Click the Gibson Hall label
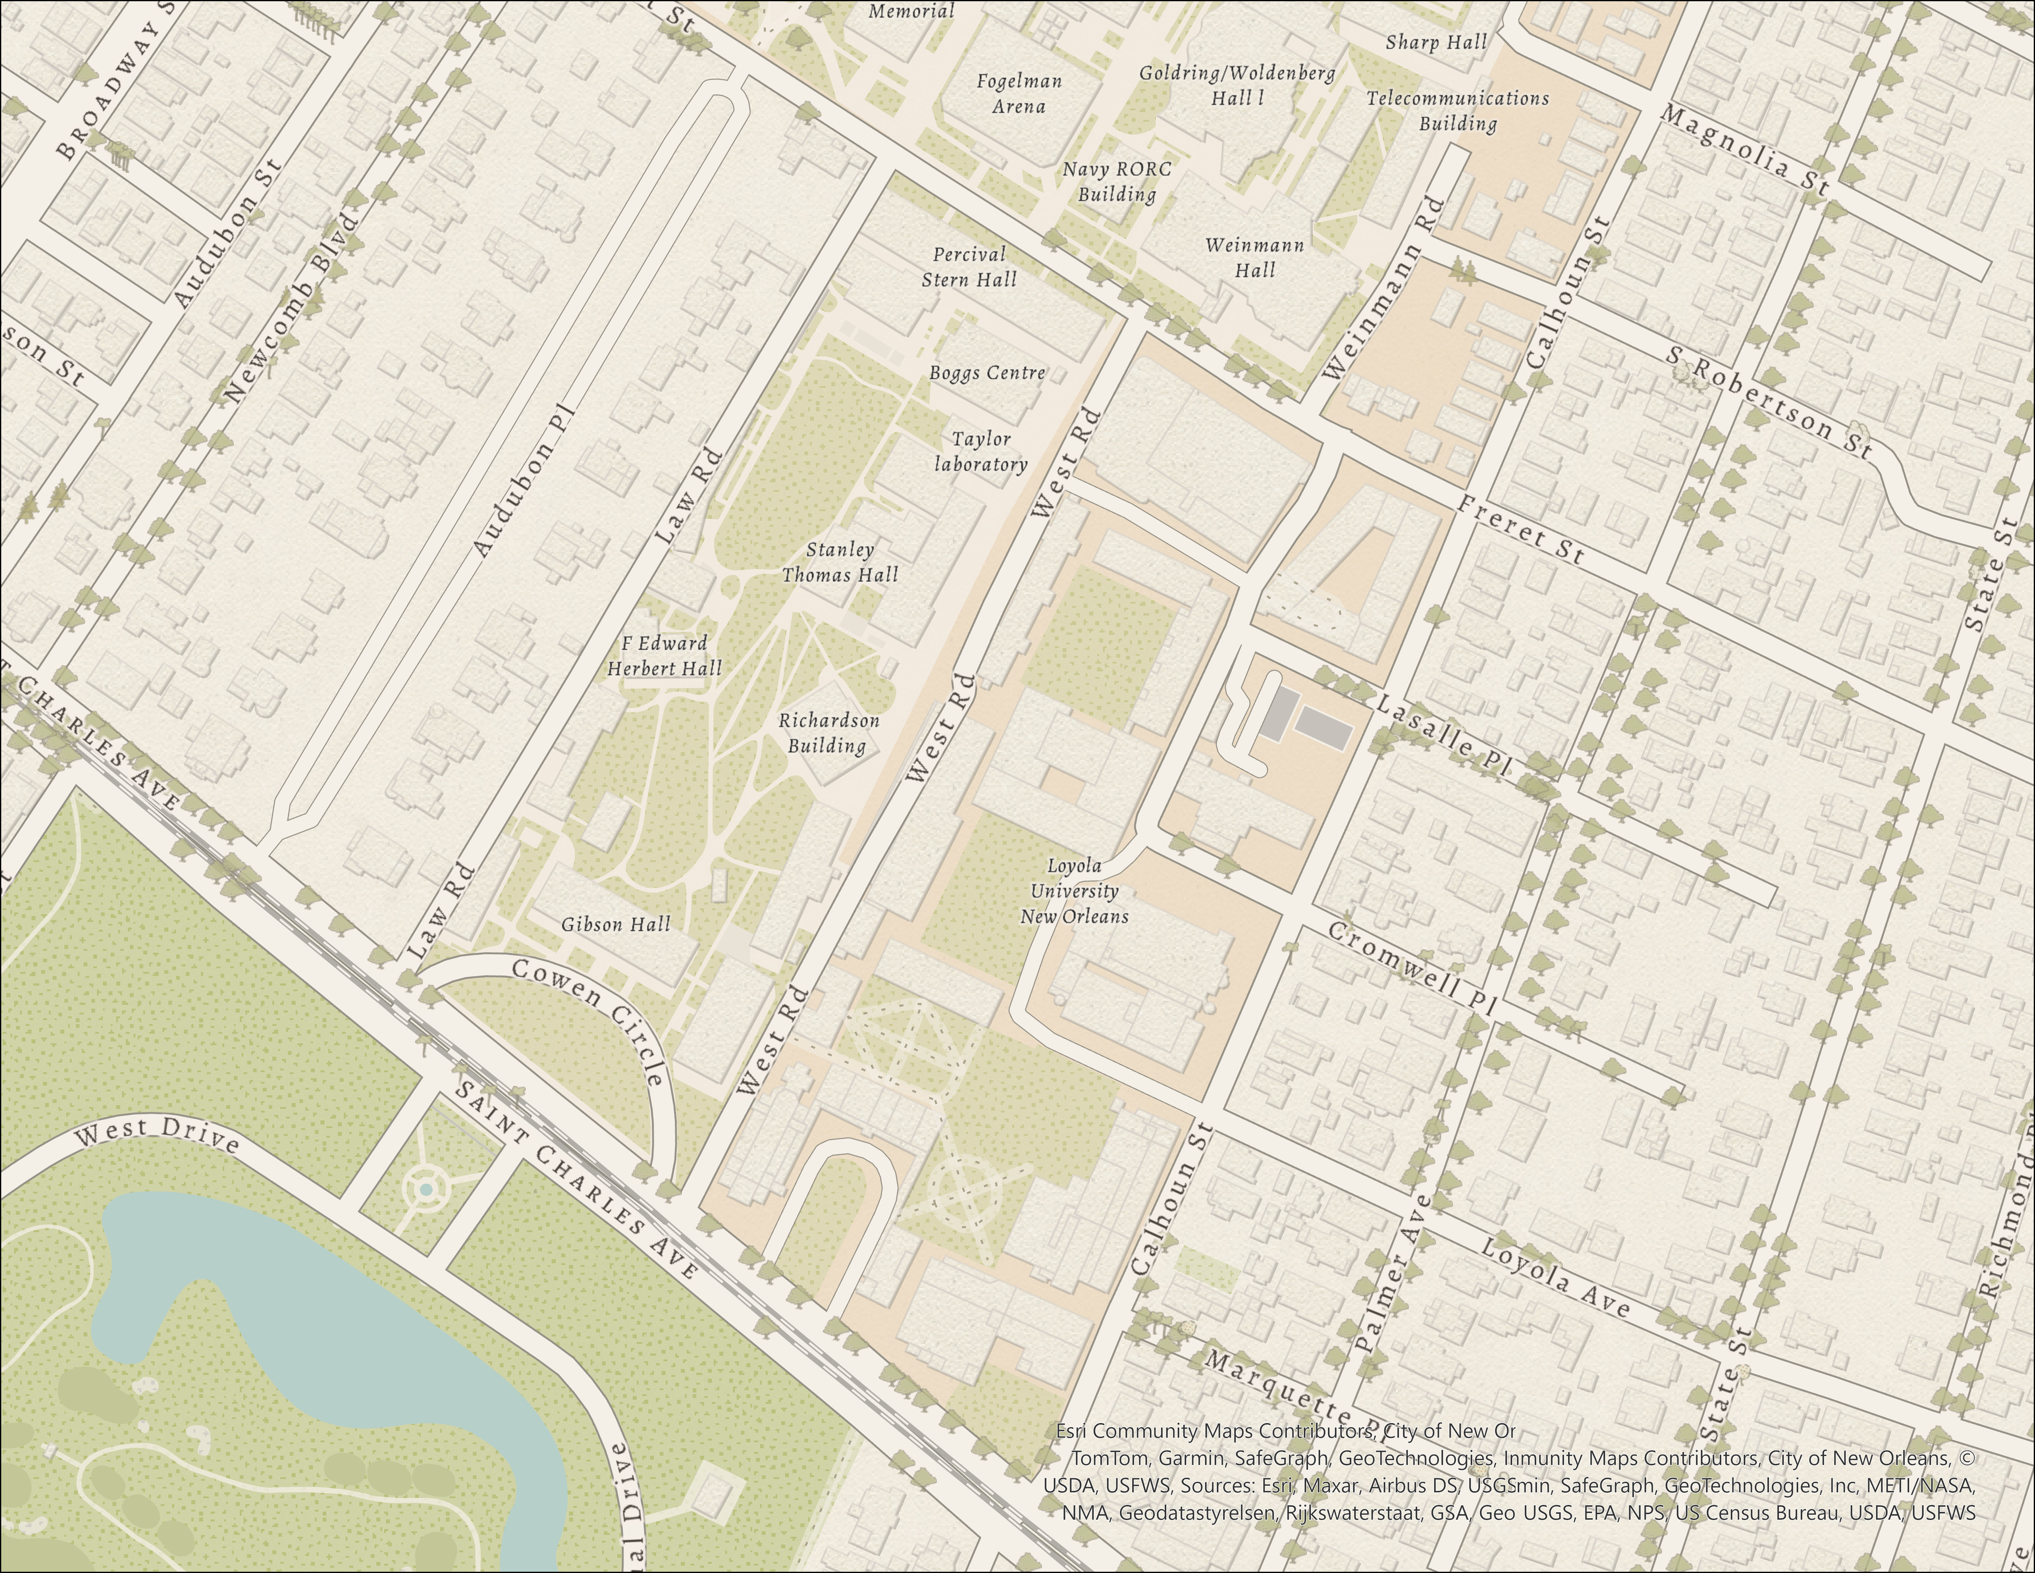[616, 925]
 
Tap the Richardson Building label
[828, 732]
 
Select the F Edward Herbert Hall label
[665, 655]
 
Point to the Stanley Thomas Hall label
[841, 562]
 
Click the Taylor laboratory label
[981, 451]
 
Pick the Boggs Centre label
[987, 373]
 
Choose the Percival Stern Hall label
[969, 266]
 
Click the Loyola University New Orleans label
[1074, 891]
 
